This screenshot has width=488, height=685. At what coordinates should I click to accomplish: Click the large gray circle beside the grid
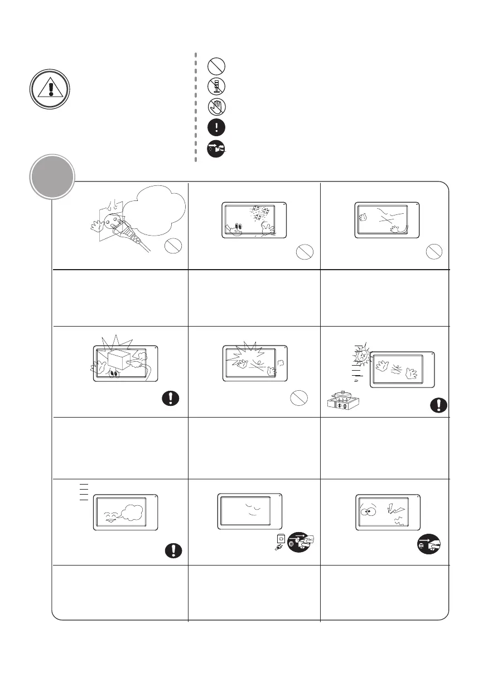tap(52, 178)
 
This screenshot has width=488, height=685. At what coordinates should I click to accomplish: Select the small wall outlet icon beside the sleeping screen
tap(281, 540)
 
